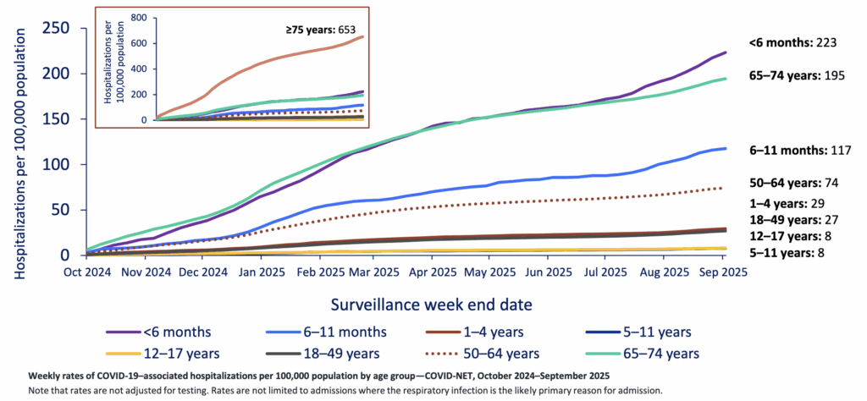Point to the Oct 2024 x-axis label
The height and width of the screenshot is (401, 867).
tap(87, 272)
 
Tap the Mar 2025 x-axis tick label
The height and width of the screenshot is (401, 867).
tap(374, 272)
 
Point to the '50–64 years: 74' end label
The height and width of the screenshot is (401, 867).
tap(793, 183)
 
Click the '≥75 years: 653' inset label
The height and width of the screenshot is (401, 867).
tap(320, 29)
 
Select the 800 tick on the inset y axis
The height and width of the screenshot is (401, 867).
tap(138, 18)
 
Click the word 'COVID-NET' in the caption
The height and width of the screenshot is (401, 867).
tap(433, 375)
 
